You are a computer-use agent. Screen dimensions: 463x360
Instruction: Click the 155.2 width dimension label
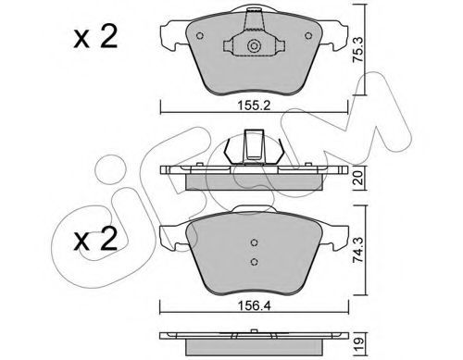coord(254,106)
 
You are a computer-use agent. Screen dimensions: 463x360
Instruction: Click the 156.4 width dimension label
coord(254,305)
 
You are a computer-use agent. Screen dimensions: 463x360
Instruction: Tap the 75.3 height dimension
coord(358,50)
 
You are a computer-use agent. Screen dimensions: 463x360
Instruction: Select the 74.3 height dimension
coord(358,250)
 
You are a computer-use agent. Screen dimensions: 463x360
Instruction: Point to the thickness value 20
coord(358,178)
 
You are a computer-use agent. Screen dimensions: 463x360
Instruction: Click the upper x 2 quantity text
coord(95,37)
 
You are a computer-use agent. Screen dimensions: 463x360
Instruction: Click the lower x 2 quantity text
coord(95,239)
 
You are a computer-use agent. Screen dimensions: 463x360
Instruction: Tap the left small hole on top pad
coord(200,36)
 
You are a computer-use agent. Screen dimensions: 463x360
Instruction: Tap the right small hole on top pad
coord(308,36)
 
